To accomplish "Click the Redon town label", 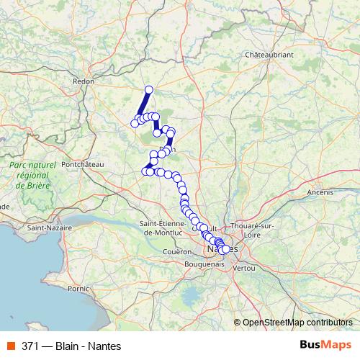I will (84, 81).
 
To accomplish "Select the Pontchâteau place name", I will (84, 164).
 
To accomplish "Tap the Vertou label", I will (245, 267).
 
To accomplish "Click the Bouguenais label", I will (205, 265).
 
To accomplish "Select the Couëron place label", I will (176, 251).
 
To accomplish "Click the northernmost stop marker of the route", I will (149, 90).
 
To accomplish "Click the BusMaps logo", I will (325, 345).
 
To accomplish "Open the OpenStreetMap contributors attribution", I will (297, 322).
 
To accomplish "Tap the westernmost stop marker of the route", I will (134, 124).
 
